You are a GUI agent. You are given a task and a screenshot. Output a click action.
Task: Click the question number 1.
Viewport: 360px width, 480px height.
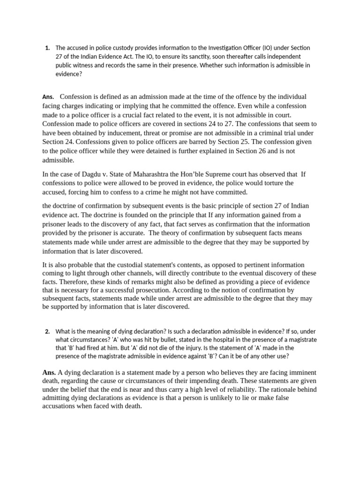[x=47, y=48]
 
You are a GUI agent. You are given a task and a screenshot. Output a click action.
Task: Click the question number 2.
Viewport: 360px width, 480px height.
[x=47, y=331]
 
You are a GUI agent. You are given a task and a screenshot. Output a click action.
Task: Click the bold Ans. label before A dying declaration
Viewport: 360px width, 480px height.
[x=49, y=373]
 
